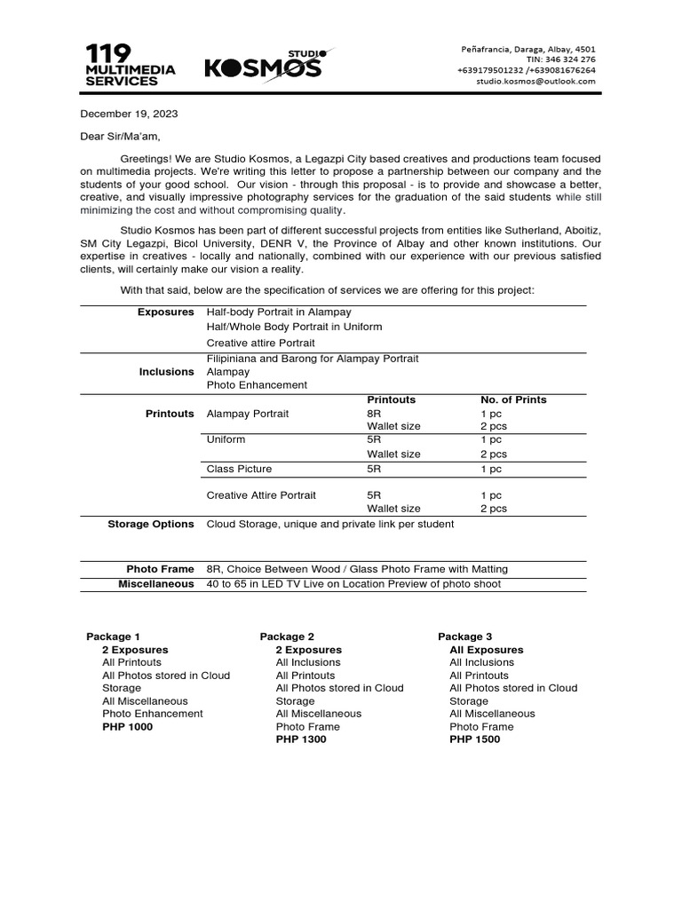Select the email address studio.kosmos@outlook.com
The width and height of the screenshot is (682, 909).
pos(535,81)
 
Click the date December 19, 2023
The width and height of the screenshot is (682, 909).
pos(130,114)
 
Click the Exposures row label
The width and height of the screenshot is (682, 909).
pos(165,312)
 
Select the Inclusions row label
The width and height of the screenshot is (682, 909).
pos(166,372)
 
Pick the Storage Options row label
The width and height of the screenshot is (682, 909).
pos(150,524)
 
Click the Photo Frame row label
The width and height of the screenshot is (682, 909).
pos(160,569)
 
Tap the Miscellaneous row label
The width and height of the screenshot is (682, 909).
pos(155,584)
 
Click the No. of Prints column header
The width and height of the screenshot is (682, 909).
pos(513,399)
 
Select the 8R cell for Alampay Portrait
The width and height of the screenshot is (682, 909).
pos(375,414)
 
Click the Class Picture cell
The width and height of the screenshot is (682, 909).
pos(239,469)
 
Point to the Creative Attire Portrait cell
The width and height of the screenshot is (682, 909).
pos(261,495)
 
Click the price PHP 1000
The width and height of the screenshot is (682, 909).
pos(127,727)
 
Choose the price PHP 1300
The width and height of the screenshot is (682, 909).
pos(301,739)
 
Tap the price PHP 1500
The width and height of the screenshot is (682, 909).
pos(474,739)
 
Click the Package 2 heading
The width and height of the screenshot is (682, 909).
pos(287,636)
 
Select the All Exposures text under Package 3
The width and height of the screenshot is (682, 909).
pos(486,650)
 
